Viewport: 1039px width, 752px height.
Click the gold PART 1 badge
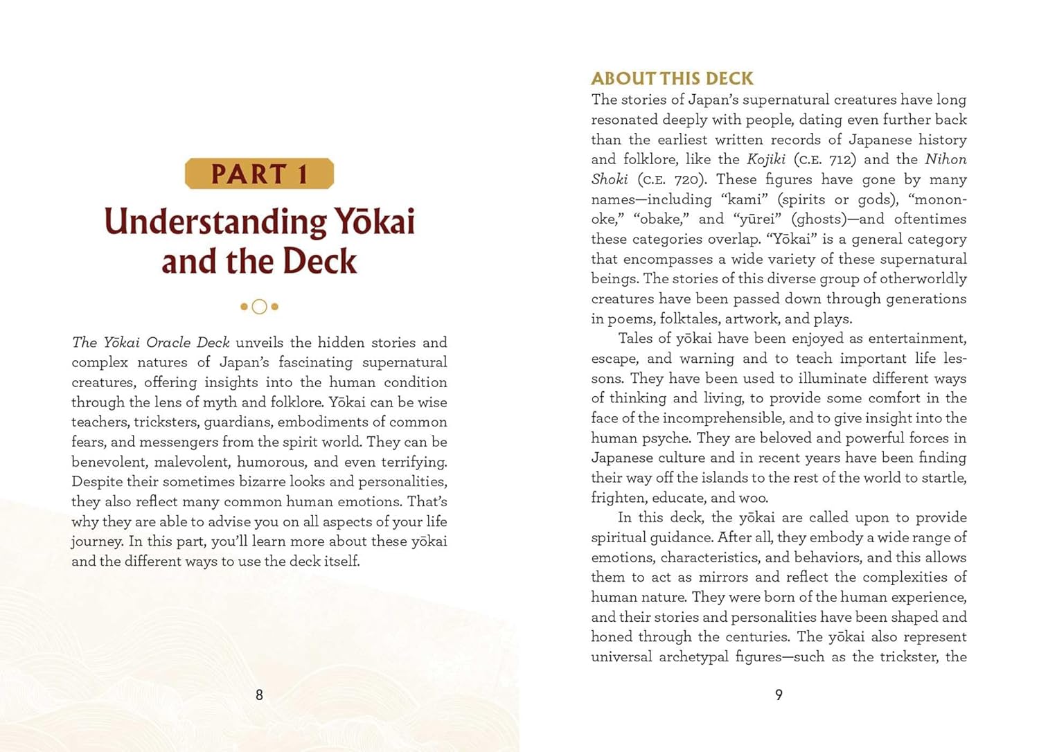click(259, 174)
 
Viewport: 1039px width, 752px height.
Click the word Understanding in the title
click(215, 222)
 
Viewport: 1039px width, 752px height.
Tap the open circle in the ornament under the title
click(259, 307)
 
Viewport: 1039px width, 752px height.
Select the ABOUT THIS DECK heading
click(672, 78)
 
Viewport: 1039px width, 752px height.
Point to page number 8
click(259, 695)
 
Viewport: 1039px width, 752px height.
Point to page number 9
click(779, 695)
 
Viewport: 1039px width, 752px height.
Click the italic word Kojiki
click(765, 159)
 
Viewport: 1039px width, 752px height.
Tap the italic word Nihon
click(945, 159)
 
